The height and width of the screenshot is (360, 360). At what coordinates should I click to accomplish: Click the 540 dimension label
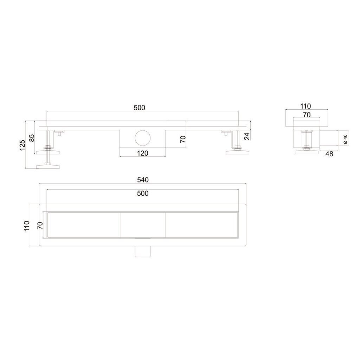click(x=143, y=180)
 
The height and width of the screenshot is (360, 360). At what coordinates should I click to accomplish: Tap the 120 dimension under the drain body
click(x=143, y=153)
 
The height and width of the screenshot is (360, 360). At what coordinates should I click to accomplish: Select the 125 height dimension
click(x=22, y=145)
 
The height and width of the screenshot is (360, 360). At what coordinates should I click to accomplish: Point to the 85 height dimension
click(x=31, y=138)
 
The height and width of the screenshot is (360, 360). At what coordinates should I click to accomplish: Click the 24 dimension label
click(x=247, y=136)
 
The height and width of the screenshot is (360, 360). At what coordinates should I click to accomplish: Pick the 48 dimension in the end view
click(x=329, y=154)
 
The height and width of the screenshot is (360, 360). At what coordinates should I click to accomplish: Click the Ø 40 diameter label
click(x=345, y=139)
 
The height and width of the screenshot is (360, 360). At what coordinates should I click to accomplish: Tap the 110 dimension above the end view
click(x=306, y=106)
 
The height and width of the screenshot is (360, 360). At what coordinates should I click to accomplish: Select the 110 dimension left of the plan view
click(x=27, y=226)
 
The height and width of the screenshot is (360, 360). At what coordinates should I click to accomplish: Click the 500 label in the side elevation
click(x=139, y=108)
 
